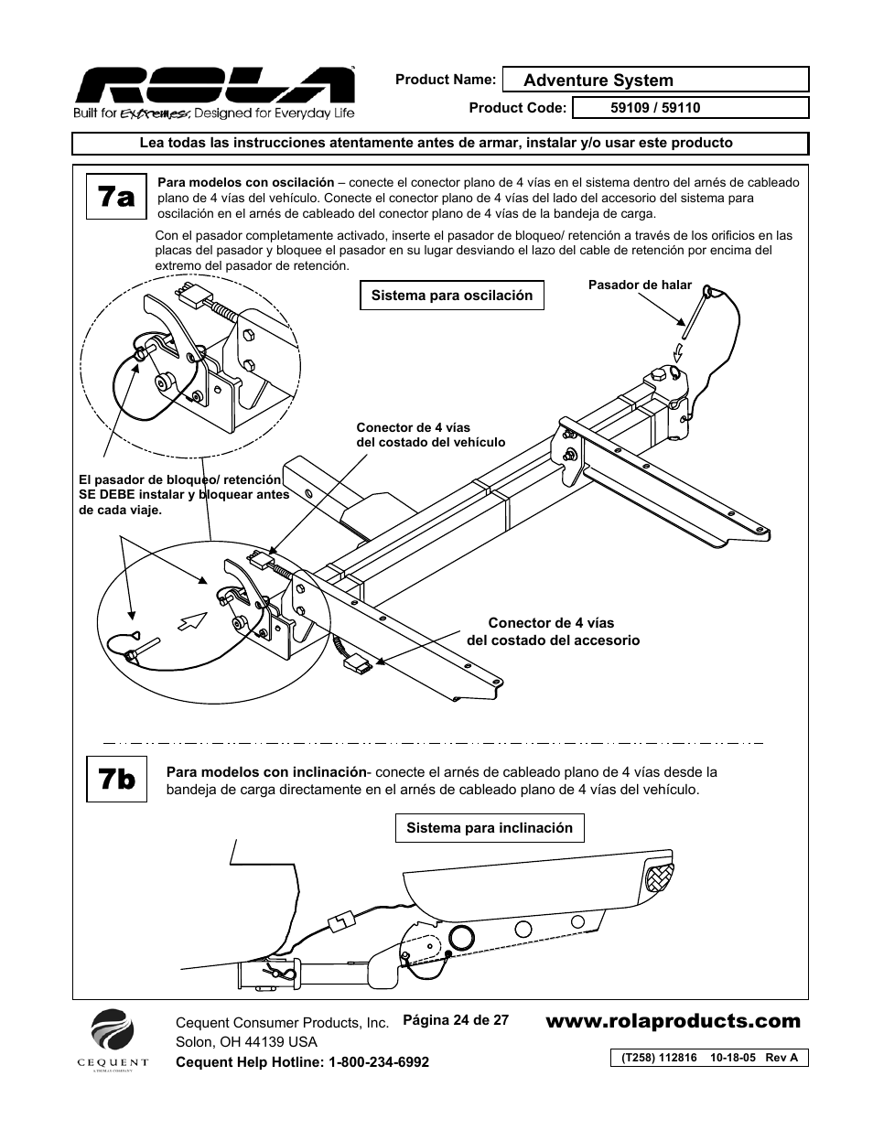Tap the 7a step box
(117, 198)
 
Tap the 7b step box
(117, 780)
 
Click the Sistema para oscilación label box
(451, 296)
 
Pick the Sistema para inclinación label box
(490, 828)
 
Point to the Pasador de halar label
(640, 285)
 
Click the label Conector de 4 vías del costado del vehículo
(430, 435)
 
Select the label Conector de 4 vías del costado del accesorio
(552, 631)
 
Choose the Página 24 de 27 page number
(456, 1019)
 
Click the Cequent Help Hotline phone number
(302, 1061)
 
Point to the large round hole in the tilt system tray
(460, 936)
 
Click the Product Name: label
(446, 80)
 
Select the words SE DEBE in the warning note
(103, 495)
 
